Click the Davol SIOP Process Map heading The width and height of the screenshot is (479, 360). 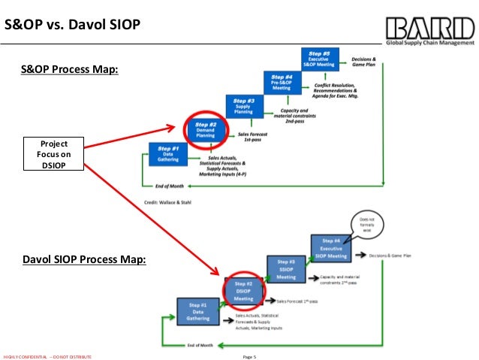click(83, 260)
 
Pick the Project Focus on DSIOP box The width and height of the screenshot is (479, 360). click(53, 154)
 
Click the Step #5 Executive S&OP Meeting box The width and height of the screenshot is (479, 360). click(321, 59)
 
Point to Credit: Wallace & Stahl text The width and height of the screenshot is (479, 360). click(167, 202)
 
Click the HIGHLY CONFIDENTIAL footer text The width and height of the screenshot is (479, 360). click(47, 355)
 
